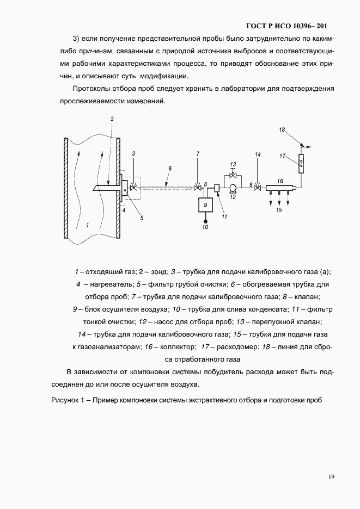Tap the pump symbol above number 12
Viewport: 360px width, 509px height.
click(233, 188)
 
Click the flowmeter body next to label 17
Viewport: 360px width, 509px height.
click(302, 161)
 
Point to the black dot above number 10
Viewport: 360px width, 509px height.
click(205, 221)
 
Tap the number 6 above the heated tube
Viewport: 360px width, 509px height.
click(170, 169)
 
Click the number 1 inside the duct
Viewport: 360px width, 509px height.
click(86, 224)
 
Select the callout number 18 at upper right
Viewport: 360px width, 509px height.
click(282, 129)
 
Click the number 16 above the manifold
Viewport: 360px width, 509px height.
click(280, 181)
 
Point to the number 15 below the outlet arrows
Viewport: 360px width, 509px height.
click(278, 209)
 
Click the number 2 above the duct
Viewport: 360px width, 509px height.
click(112, 119)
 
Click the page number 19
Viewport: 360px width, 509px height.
click(331, 477)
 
